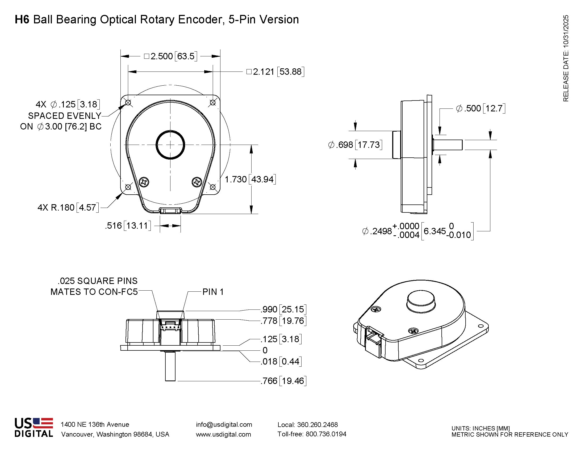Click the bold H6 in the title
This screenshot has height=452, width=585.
[22, 20]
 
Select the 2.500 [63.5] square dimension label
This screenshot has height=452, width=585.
[171, 56]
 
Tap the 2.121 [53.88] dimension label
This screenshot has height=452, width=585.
[275, 72]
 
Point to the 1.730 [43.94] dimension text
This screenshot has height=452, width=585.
[250, 179]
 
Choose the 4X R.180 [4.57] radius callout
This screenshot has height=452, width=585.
[68, 208]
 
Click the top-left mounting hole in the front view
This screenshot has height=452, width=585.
[128, 103]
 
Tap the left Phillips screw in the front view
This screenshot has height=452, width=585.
[144, 182]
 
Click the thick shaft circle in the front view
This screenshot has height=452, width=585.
[170, 145]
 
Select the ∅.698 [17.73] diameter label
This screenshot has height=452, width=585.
[355, 145]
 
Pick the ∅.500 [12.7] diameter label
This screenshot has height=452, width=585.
[480, 108]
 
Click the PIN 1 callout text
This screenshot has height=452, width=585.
[213, 292]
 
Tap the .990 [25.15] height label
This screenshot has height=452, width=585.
[284, 309]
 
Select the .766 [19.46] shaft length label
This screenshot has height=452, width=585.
[284, 381]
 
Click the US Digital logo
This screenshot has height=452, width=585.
[34, 427]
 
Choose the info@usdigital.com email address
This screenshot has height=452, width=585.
[224, 424]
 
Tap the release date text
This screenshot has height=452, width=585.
[566, 58]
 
